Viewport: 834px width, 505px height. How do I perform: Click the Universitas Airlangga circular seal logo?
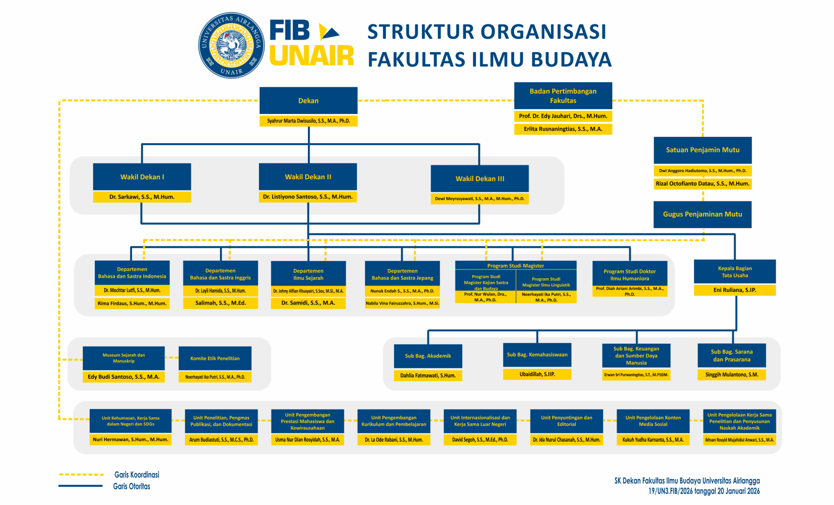click(231, 45)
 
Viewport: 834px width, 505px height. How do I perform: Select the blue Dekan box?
click(308, 101)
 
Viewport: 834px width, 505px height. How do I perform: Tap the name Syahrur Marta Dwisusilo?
click(308, 121)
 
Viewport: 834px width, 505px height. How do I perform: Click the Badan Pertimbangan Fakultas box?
click(563, 96)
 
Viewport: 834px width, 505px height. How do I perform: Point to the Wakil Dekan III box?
click(480, 178)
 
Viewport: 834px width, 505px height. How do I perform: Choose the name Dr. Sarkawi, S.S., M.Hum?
click(142, 197)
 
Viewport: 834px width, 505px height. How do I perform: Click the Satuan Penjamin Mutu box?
click(702, 150)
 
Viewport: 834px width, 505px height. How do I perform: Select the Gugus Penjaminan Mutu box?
click(702, 214)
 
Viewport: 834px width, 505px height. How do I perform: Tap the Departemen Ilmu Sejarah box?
click(308, 274)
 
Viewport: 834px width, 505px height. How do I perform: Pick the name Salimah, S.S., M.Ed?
click(220, 303)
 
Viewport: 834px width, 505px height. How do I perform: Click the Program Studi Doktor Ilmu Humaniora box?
click(630, 274)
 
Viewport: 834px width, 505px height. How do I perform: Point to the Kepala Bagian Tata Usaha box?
click(735, 272)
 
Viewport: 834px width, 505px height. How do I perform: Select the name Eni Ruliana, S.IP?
click(735, 290)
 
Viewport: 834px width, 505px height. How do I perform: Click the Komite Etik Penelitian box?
click(215, 358)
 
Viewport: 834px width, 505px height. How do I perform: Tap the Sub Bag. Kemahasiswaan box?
click(537, 355)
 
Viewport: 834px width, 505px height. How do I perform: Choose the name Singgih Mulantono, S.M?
click(732, 375)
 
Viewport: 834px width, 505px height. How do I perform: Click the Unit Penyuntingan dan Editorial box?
click(566, 421)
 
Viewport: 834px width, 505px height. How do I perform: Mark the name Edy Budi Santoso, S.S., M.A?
click(123, 377)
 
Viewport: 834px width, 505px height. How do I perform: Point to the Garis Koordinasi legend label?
click(137, 474)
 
